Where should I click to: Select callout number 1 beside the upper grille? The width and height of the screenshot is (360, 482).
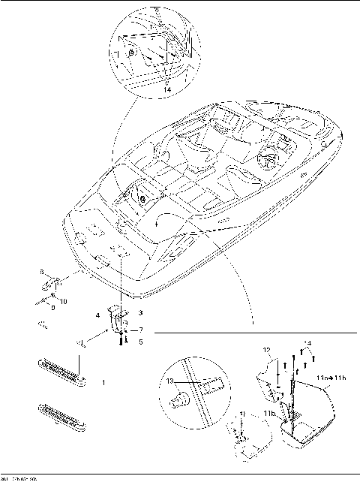pos(103,382)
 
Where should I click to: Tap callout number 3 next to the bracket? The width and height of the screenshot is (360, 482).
pos(140,312)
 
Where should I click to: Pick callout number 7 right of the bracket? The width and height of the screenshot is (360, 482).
pos(140,330)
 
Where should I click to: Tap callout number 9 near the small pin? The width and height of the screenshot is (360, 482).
pos(52,307)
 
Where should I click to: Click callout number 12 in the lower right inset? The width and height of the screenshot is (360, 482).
pos(266,350)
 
